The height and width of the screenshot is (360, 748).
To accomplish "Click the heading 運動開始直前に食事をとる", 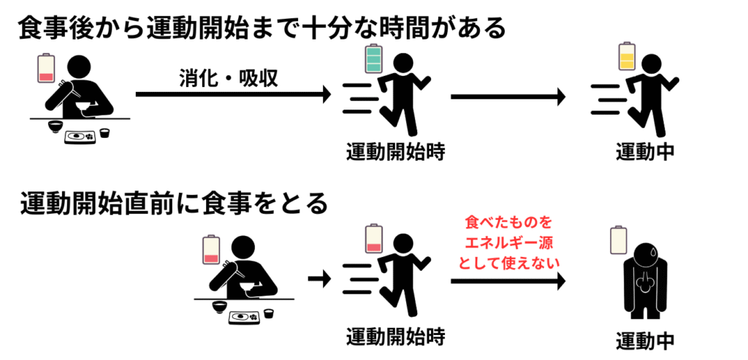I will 175,203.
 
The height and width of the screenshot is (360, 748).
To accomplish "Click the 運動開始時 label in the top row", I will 395,152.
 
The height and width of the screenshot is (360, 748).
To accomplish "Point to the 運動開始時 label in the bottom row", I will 395,337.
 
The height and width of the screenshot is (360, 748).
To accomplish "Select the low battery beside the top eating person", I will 46,69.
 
